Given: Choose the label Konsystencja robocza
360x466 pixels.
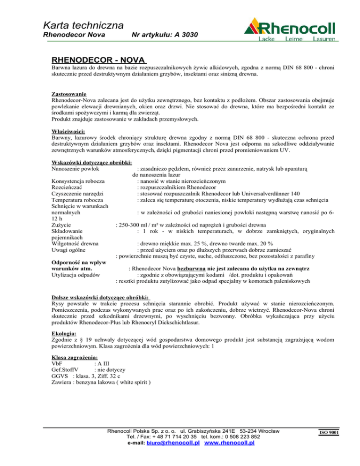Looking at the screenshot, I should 77,181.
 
